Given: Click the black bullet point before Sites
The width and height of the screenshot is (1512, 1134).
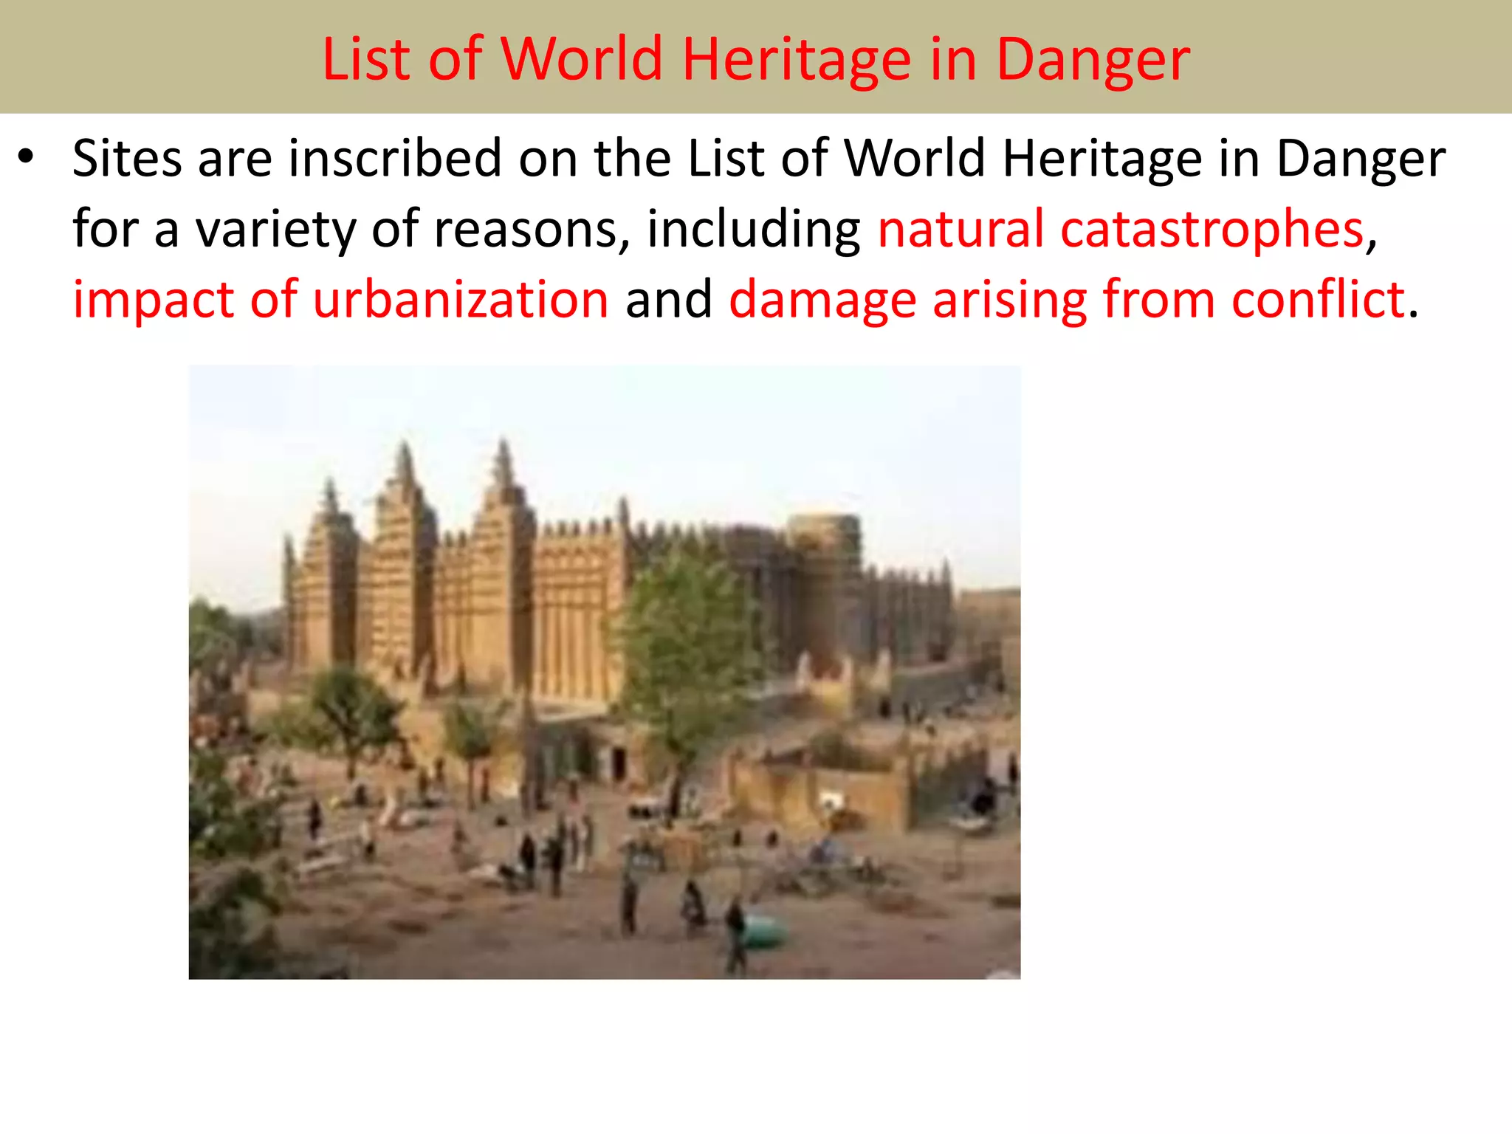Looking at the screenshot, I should point(27,157).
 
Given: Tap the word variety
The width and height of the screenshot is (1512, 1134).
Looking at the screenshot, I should point(275,229).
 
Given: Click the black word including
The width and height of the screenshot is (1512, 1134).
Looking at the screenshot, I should point(753,229).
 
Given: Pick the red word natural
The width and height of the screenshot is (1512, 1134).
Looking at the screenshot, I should point(961,229).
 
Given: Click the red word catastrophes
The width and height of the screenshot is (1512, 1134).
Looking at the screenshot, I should point(1212,229).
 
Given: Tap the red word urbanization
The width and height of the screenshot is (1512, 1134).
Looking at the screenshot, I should point(461,300).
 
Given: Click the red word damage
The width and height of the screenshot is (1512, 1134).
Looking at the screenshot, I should point(822,300).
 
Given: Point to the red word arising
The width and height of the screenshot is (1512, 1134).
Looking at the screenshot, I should point(1010,300).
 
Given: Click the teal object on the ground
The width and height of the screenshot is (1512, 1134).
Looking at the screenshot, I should point(764,932).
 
